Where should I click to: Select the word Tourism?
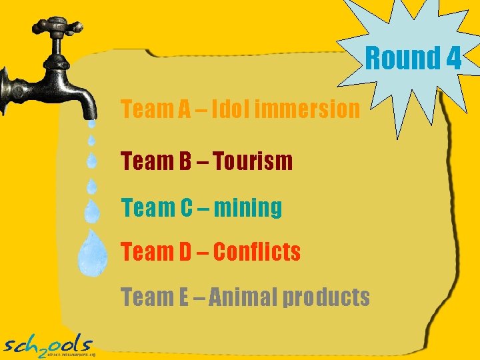tap(253, 161)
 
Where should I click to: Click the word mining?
tap(248, 208)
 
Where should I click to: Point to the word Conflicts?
tap(257, 252)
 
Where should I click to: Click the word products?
tap(327, 298)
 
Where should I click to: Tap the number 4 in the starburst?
tap(453, 59)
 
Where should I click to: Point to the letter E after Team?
tap(183, 297)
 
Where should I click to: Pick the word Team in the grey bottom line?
tap(145, 297)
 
